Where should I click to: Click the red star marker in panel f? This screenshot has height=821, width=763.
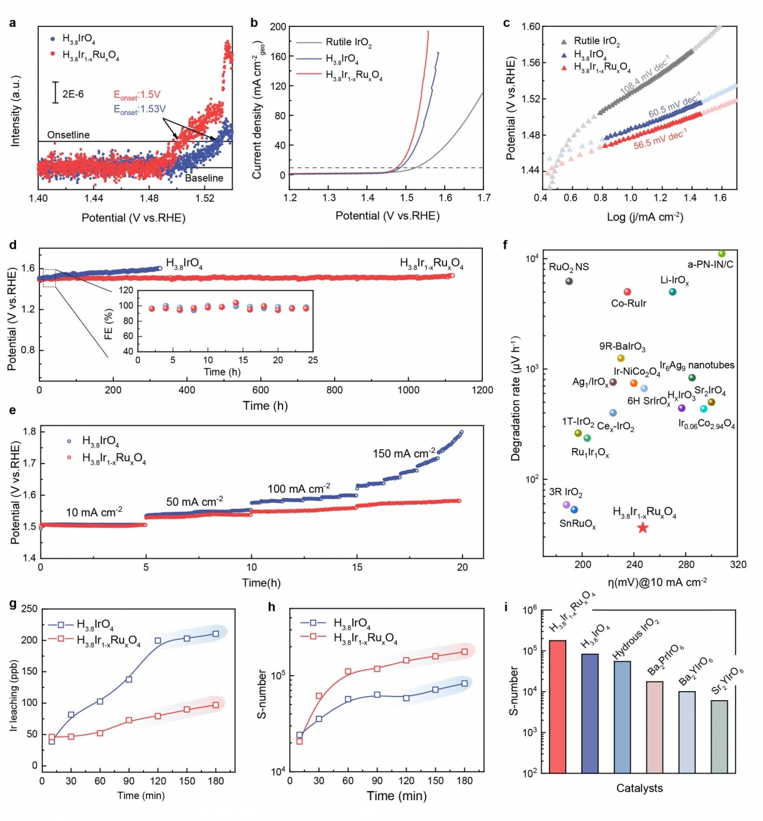(x=642, y=528)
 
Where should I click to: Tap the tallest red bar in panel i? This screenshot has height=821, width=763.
(x=557, y=707)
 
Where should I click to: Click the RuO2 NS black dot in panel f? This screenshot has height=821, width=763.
(x=569, y=281)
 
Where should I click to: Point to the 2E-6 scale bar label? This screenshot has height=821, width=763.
(x=73, y=94)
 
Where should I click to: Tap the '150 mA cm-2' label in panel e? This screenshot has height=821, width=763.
(x=404, y=453)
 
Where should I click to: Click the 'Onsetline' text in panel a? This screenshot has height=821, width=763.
(x=68, y=135)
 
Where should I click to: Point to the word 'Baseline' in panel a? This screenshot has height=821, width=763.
(x=204, y=178)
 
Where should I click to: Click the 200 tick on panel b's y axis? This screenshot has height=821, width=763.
(x=278, y=27)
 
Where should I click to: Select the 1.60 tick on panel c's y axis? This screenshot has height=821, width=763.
(x=531, y=26)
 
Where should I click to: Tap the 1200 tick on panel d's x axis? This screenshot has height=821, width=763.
(x=482, y=390)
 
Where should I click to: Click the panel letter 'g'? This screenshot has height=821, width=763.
(x=13, y=604)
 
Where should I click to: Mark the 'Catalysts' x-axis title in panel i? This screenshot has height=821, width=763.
(x=639, y=788)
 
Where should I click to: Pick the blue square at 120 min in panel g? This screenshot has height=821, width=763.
(x=158, y=640)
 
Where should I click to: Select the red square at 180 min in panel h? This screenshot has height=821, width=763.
(x=464, y=651)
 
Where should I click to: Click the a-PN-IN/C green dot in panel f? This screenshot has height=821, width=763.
(x=721, y=254)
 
